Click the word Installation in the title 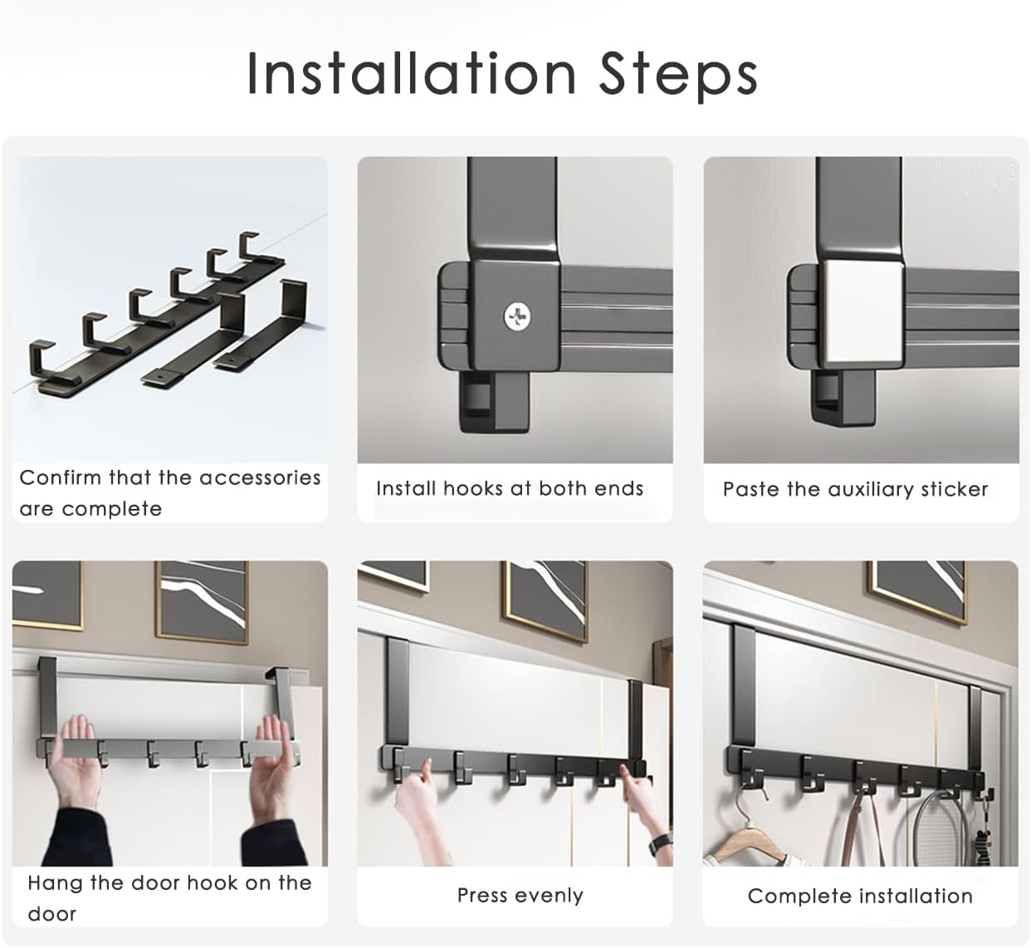pyautogui.click(x=411, y=74)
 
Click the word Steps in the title pyautogui.click(x=678, y=76)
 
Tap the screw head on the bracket pyautogui.click(x=517, y=316)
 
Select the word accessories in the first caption pyautogui.click(x=260, y=478)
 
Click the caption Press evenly pyautogui.click(x=520, y=895)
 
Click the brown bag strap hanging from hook pyautogui.click(x=862, y=828)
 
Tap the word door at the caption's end pyautogui.click(x=52, y=914)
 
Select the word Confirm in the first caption pyautogui.click(x=60, y=477)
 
